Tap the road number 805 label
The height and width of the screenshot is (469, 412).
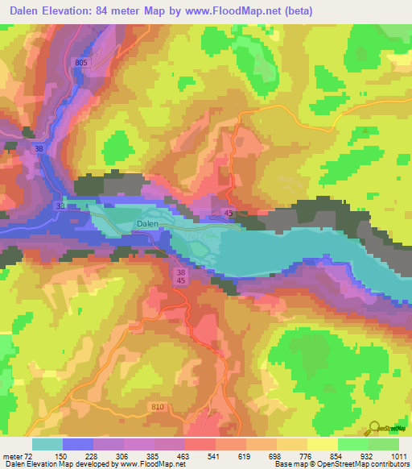(x=79, y=62)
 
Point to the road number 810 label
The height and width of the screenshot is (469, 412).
(x=158, y=407)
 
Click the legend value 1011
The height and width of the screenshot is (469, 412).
(x=397, y=457)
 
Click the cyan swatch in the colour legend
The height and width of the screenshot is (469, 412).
(x=47, y=444)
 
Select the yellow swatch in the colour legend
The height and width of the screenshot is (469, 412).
(x=323, y=444)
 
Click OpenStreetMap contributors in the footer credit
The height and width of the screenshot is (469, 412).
(x=361, y=465)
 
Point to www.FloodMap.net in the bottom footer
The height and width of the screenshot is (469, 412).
(x=150, y=465)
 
